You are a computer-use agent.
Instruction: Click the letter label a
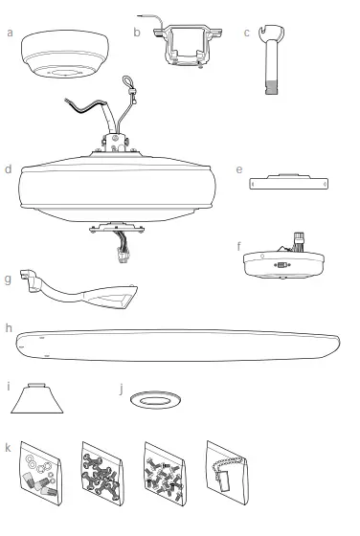pyautogui.click(x=10, y=32)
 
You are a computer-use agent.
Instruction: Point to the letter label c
pyautogui.click(x=247, y=32)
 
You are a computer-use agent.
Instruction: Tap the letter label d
pyautogui.click(x=8, y=169)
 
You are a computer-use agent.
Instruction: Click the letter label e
pyautogui.click(x=237, y=169)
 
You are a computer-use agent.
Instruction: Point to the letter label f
pyautogui.click(x=238, y=245)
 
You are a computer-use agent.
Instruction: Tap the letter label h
pyautogui.click(x=9, y=327)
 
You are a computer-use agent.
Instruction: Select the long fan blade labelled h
pyautogui.click(x=182, y=346)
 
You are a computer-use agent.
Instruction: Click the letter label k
pyautogui.click(x=9, y=446)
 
